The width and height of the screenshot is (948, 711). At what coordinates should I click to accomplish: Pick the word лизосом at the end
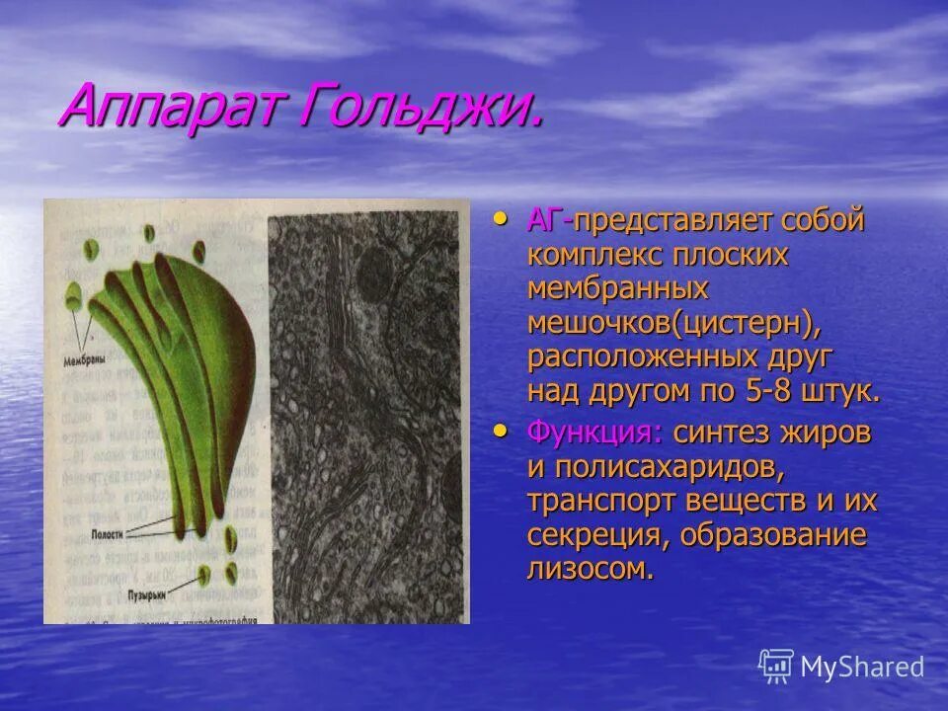pos(590,570)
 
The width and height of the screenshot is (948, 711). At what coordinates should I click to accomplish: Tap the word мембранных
pos(618,288)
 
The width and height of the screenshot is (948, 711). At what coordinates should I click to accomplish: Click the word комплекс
pos(596,255)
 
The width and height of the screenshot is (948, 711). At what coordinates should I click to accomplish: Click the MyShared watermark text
pos(862,668)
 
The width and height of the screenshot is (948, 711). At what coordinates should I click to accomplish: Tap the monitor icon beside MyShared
pos(777,666)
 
